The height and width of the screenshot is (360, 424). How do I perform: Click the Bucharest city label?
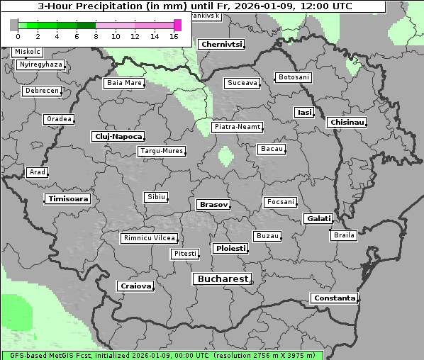click(x=223, y=279)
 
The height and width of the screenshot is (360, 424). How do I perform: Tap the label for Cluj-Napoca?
click(x=118, y=136)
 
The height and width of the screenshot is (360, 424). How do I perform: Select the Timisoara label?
click(x=68, y=199)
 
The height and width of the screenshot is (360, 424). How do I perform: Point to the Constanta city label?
click(x=334, y=298)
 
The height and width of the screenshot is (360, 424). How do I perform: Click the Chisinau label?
click(x=347, y=123)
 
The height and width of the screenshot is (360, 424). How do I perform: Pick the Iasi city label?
click(x=303, y=112)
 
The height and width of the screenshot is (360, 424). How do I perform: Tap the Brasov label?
click(x=213, y=204)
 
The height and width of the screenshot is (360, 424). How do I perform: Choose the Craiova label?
click(x=135, y=286)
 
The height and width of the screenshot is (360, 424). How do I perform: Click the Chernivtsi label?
click(x=221, y=44)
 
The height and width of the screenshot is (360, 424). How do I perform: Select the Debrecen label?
click(x=41, y=91)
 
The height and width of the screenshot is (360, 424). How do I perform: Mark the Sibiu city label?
click(x=155, y=196)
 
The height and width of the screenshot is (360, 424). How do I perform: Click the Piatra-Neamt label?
click(x=238, y=127)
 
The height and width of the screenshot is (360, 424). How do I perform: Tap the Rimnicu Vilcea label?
click(x=149, y=238)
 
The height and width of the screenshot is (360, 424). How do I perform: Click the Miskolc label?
click(x=28, y=52)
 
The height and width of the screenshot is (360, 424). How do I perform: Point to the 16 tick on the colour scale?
click(x=174, y=36)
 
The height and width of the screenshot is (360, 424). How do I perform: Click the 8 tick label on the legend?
click(x=96, y=36)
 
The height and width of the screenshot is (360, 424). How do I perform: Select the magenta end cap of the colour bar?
click(x=177, y=25)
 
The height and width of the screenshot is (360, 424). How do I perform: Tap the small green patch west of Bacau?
click(x=226, y=155)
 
